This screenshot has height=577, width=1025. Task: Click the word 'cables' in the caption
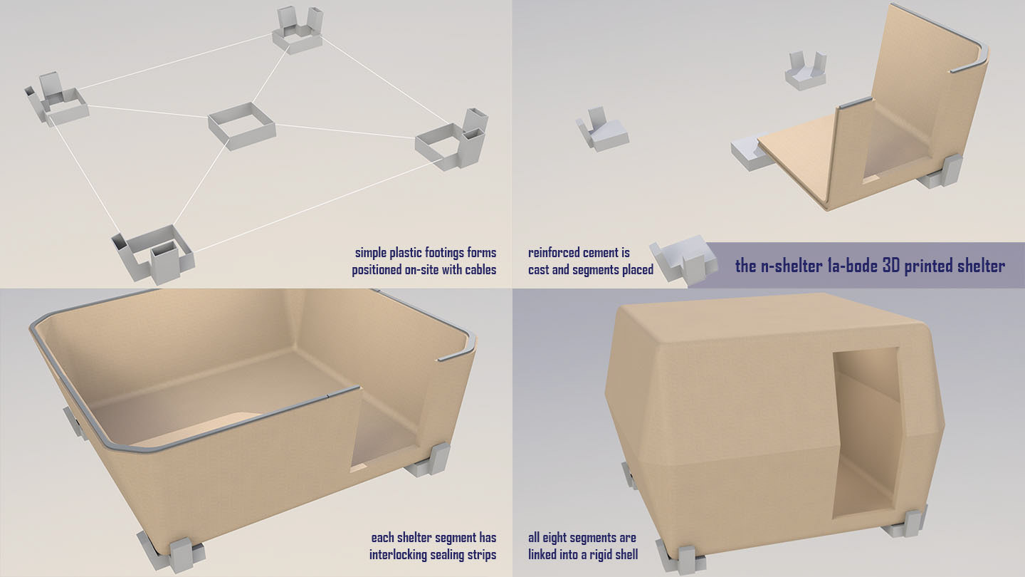pos(480,270)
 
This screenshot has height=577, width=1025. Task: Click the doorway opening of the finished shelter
pos(864,433)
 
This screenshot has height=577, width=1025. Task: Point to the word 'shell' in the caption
pos(626,555)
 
